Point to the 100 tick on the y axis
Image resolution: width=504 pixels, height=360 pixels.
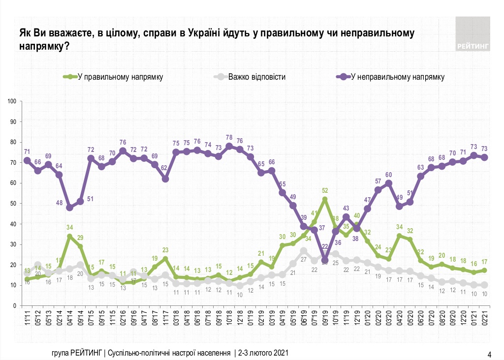[x=13, y=101]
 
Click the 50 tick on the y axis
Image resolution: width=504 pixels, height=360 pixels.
[x=14, y=204]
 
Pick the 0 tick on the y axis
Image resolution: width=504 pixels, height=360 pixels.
[x=15, y=306]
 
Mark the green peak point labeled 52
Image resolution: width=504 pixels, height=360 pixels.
[x=325, y=199]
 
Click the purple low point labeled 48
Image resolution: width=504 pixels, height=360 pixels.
[x=69, y=208]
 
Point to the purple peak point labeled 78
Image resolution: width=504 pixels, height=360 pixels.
[x=229, y=146]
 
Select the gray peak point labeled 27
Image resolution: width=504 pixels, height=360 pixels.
[x=304, y=250]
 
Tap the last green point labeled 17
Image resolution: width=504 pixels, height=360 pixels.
[x=484, y=270]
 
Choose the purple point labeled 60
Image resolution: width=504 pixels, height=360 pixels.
[x=389, y=183]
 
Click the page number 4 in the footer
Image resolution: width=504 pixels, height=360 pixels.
[x=489, y=354]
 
